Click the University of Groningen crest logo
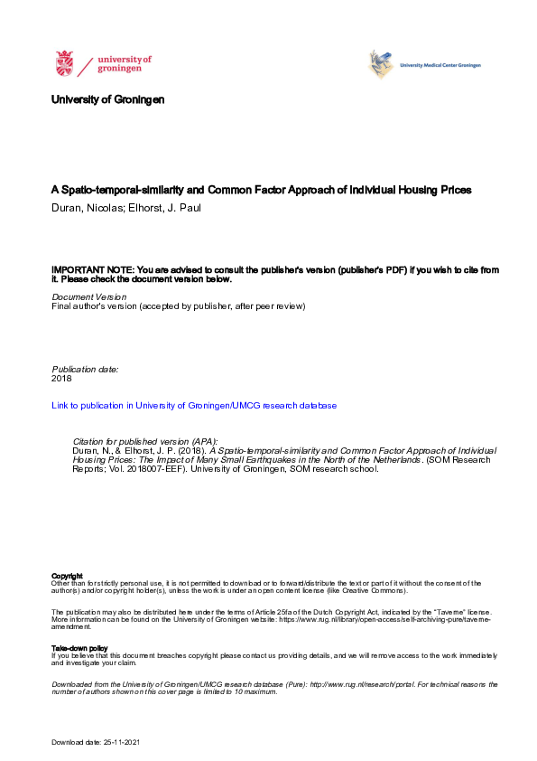(65, 64)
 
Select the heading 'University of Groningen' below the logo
(108, 99)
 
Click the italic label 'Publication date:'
(86, 370)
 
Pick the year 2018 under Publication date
(62, 380)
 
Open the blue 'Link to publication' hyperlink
(194, 406)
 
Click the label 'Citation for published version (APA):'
(145, 439)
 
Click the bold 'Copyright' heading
(68, 576)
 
